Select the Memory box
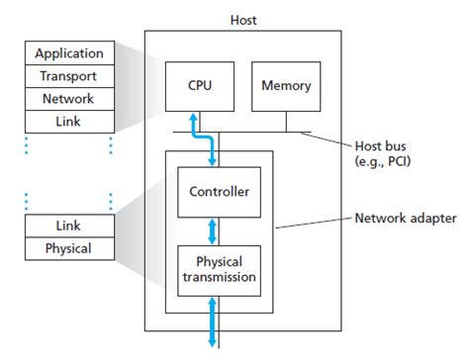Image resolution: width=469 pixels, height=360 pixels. pyautogui.click(x=287, y=86)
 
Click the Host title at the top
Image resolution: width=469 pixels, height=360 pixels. pyautogui.click(x=243, y=19)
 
